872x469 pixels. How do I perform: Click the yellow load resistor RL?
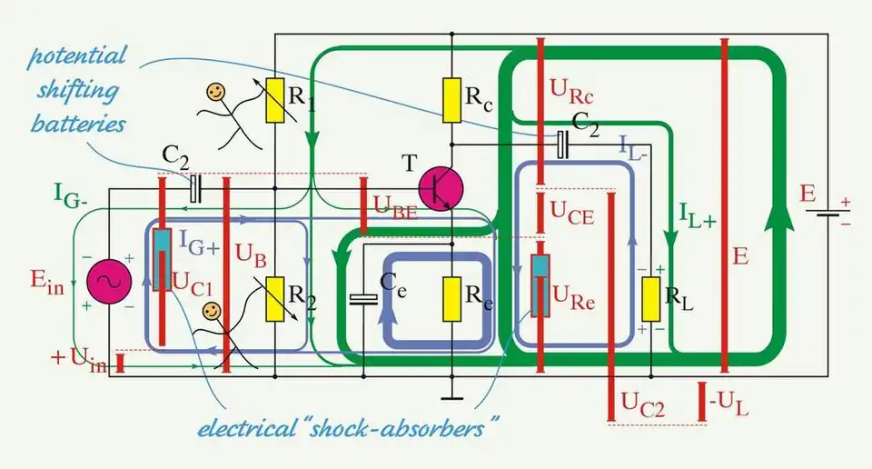[x=650, y=299]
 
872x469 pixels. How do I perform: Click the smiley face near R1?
[x=215, y=92]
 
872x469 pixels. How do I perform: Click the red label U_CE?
[x=570, y=208]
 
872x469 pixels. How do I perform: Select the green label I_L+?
[x=697, y=215]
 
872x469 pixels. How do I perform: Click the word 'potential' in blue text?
[x=76, y=56]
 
